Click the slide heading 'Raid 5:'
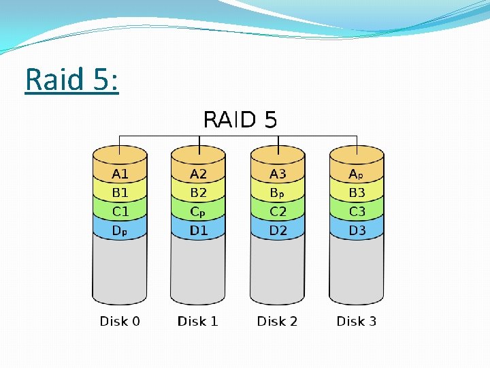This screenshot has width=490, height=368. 71,80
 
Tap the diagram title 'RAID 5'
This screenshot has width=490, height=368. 240,121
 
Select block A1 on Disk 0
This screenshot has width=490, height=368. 120,174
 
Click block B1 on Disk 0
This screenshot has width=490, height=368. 120,193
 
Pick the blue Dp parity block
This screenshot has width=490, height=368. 120,230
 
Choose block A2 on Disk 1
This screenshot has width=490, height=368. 199,174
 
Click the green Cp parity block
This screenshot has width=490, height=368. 199,211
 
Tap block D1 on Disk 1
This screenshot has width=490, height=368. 199,230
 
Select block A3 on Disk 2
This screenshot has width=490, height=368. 278,174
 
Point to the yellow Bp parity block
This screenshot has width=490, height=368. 278,193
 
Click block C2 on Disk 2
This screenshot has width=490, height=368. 278,211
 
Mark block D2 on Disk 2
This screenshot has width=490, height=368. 278,230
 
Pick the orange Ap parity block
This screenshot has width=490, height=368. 357,174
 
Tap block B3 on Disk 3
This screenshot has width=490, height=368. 357,193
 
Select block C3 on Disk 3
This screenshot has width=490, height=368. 357,211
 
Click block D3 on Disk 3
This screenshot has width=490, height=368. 357,230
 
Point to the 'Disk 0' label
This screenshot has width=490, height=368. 120,321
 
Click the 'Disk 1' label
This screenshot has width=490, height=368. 198,321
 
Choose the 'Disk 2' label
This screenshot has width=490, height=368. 277,321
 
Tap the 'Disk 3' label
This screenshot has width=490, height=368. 357,321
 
